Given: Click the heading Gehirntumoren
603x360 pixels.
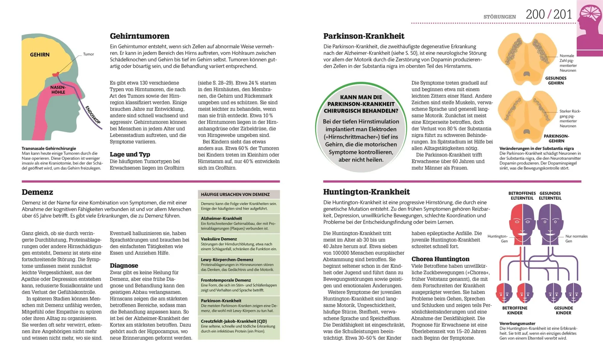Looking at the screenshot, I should [140, 36].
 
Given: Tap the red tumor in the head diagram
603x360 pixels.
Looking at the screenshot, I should [55, 74].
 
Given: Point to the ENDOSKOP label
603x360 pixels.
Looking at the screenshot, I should [93, 115].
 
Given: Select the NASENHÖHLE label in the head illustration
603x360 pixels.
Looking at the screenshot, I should [58, 90].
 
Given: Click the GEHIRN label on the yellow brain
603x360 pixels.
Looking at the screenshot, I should [39, 55].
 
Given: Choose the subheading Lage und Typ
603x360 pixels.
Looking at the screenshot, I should [130, 155].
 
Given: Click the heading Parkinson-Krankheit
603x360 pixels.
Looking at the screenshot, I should [364, 36].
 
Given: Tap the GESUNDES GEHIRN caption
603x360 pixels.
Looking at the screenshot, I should [556, 80].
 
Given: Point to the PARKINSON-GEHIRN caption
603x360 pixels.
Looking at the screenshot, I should [556, 139].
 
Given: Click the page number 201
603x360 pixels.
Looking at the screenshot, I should [563, 14].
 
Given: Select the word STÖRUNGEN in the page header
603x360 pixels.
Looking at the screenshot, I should [500, 17].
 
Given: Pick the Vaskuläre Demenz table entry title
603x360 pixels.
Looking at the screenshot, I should [219, 239].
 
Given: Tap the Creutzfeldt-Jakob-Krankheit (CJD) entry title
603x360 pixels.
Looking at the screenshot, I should [234, 321].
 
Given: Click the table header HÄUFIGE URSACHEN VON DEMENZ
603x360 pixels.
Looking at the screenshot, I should [235, 195].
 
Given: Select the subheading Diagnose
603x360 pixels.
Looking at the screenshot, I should [124, 266].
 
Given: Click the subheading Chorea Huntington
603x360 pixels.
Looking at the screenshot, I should [440, 259].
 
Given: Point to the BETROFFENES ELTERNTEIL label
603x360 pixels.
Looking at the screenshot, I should [522, 196].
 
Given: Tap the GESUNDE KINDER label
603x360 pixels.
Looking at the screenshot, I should [563, 310].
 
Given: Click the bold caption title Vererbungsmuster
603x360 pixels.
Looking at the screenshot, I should [517, 324].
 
